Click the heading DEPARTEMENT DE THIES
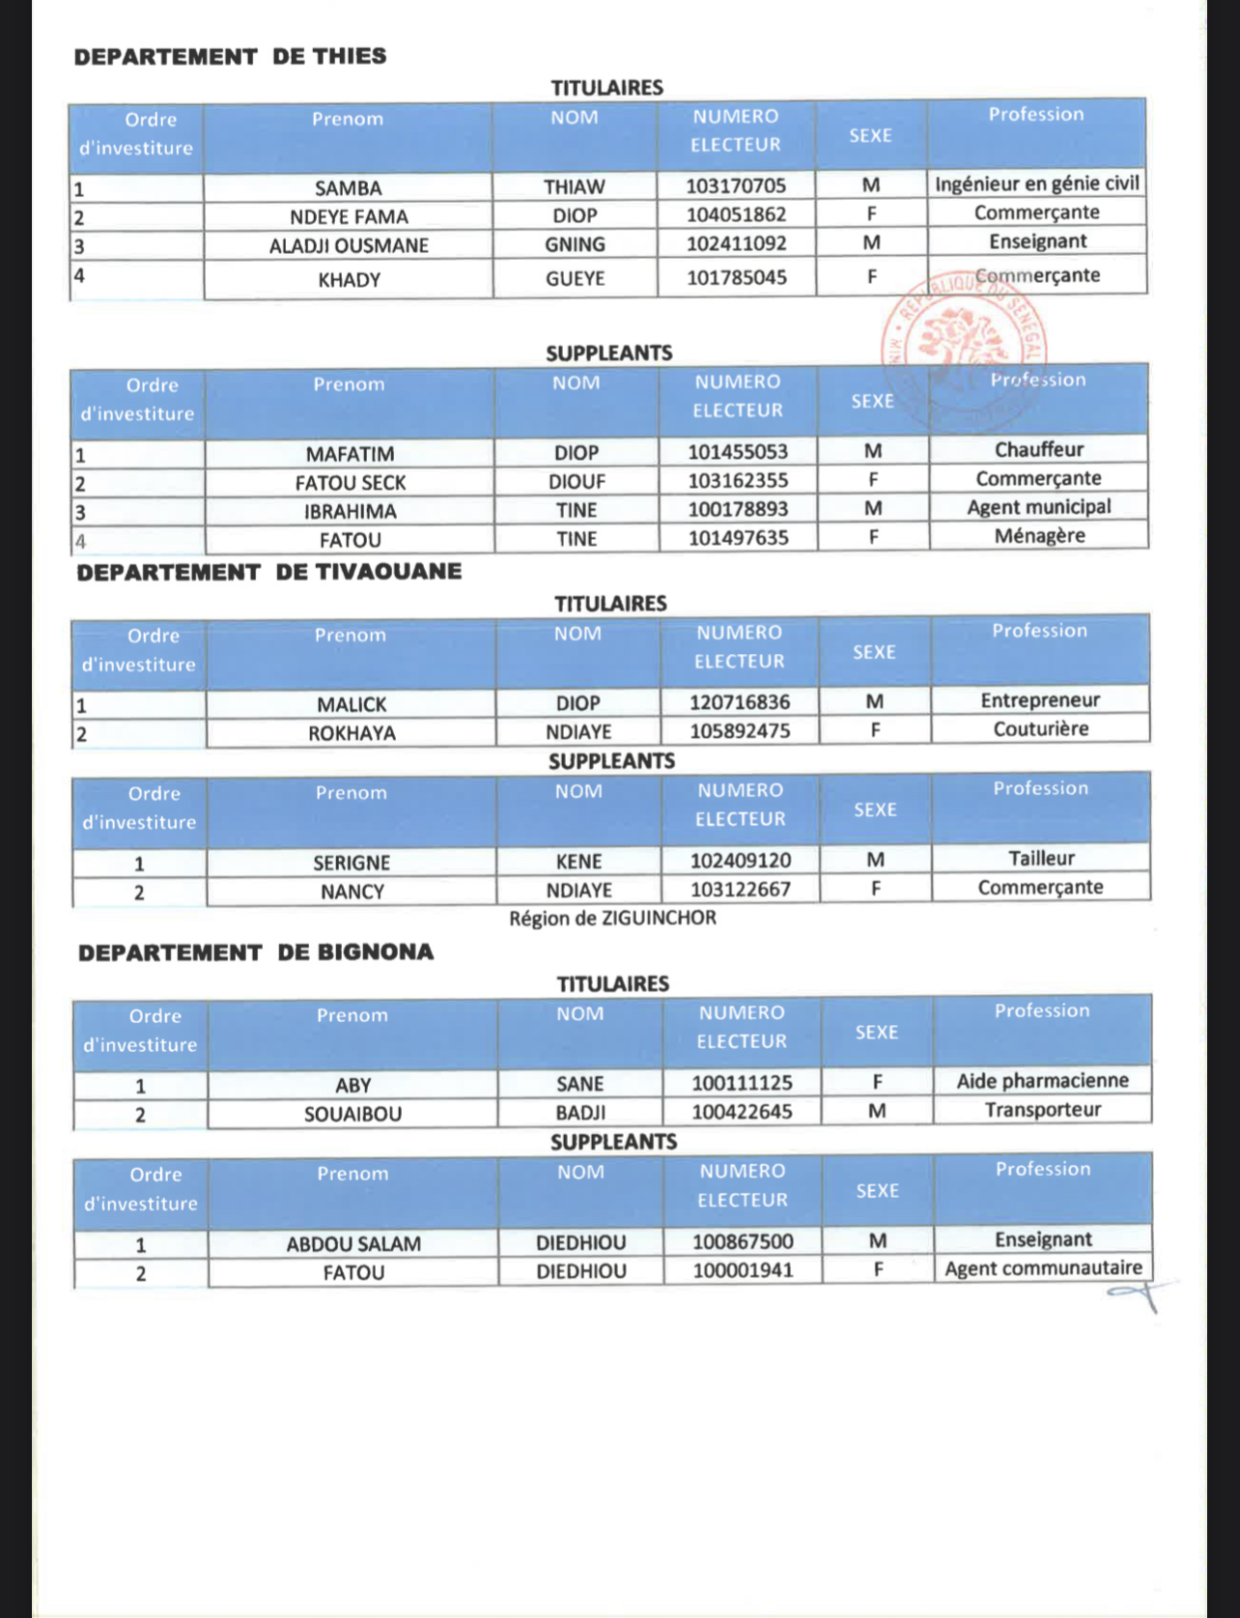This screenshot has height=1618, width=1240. [x=230, y=56]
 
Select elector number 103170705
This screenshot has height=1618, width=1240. [x=736, y=185]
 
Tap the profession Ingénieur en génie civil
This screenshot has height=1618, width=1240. [x=1036, y=184]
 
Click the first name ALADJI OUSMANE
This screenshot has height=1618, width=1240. [x=349, y=245]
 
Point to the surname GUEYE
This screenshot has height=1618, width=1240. [x=575, y=279]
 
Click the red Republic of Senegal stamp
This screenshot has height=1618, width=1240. [x=962, y=343]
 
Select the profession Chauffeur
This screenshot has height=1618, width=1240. [x=1039, y=449]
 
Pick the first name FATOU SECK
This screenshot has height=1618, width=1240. [x=351, y=482]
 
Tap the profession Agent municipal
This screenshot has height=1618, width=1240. [x=1039, y=507]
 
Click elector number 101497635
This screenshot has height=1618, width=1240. [x=738, y=538]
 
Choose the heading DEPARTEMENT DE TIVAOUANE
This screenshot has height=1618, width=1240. [x=269, y=572]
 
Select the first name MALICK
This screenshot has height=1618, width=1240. [x=352, y=704]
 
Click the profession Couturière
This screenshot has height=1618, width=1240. [x=1040, y=729]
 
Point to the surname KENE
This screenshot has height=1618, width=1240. [x=578, y=862]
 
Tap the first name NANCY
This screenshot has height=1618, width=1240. [x=352, y=892]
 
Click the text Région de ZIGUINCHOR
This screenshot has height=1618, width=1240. [x=612, y=918]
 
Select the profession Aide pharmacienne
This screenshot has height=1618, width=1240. [x=1042, y=1081]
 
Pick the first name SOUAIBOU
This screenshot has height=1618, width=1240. [x=352, y=1114]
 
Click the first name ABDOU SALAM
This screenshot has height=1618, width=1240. [x=353, y=1244]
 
